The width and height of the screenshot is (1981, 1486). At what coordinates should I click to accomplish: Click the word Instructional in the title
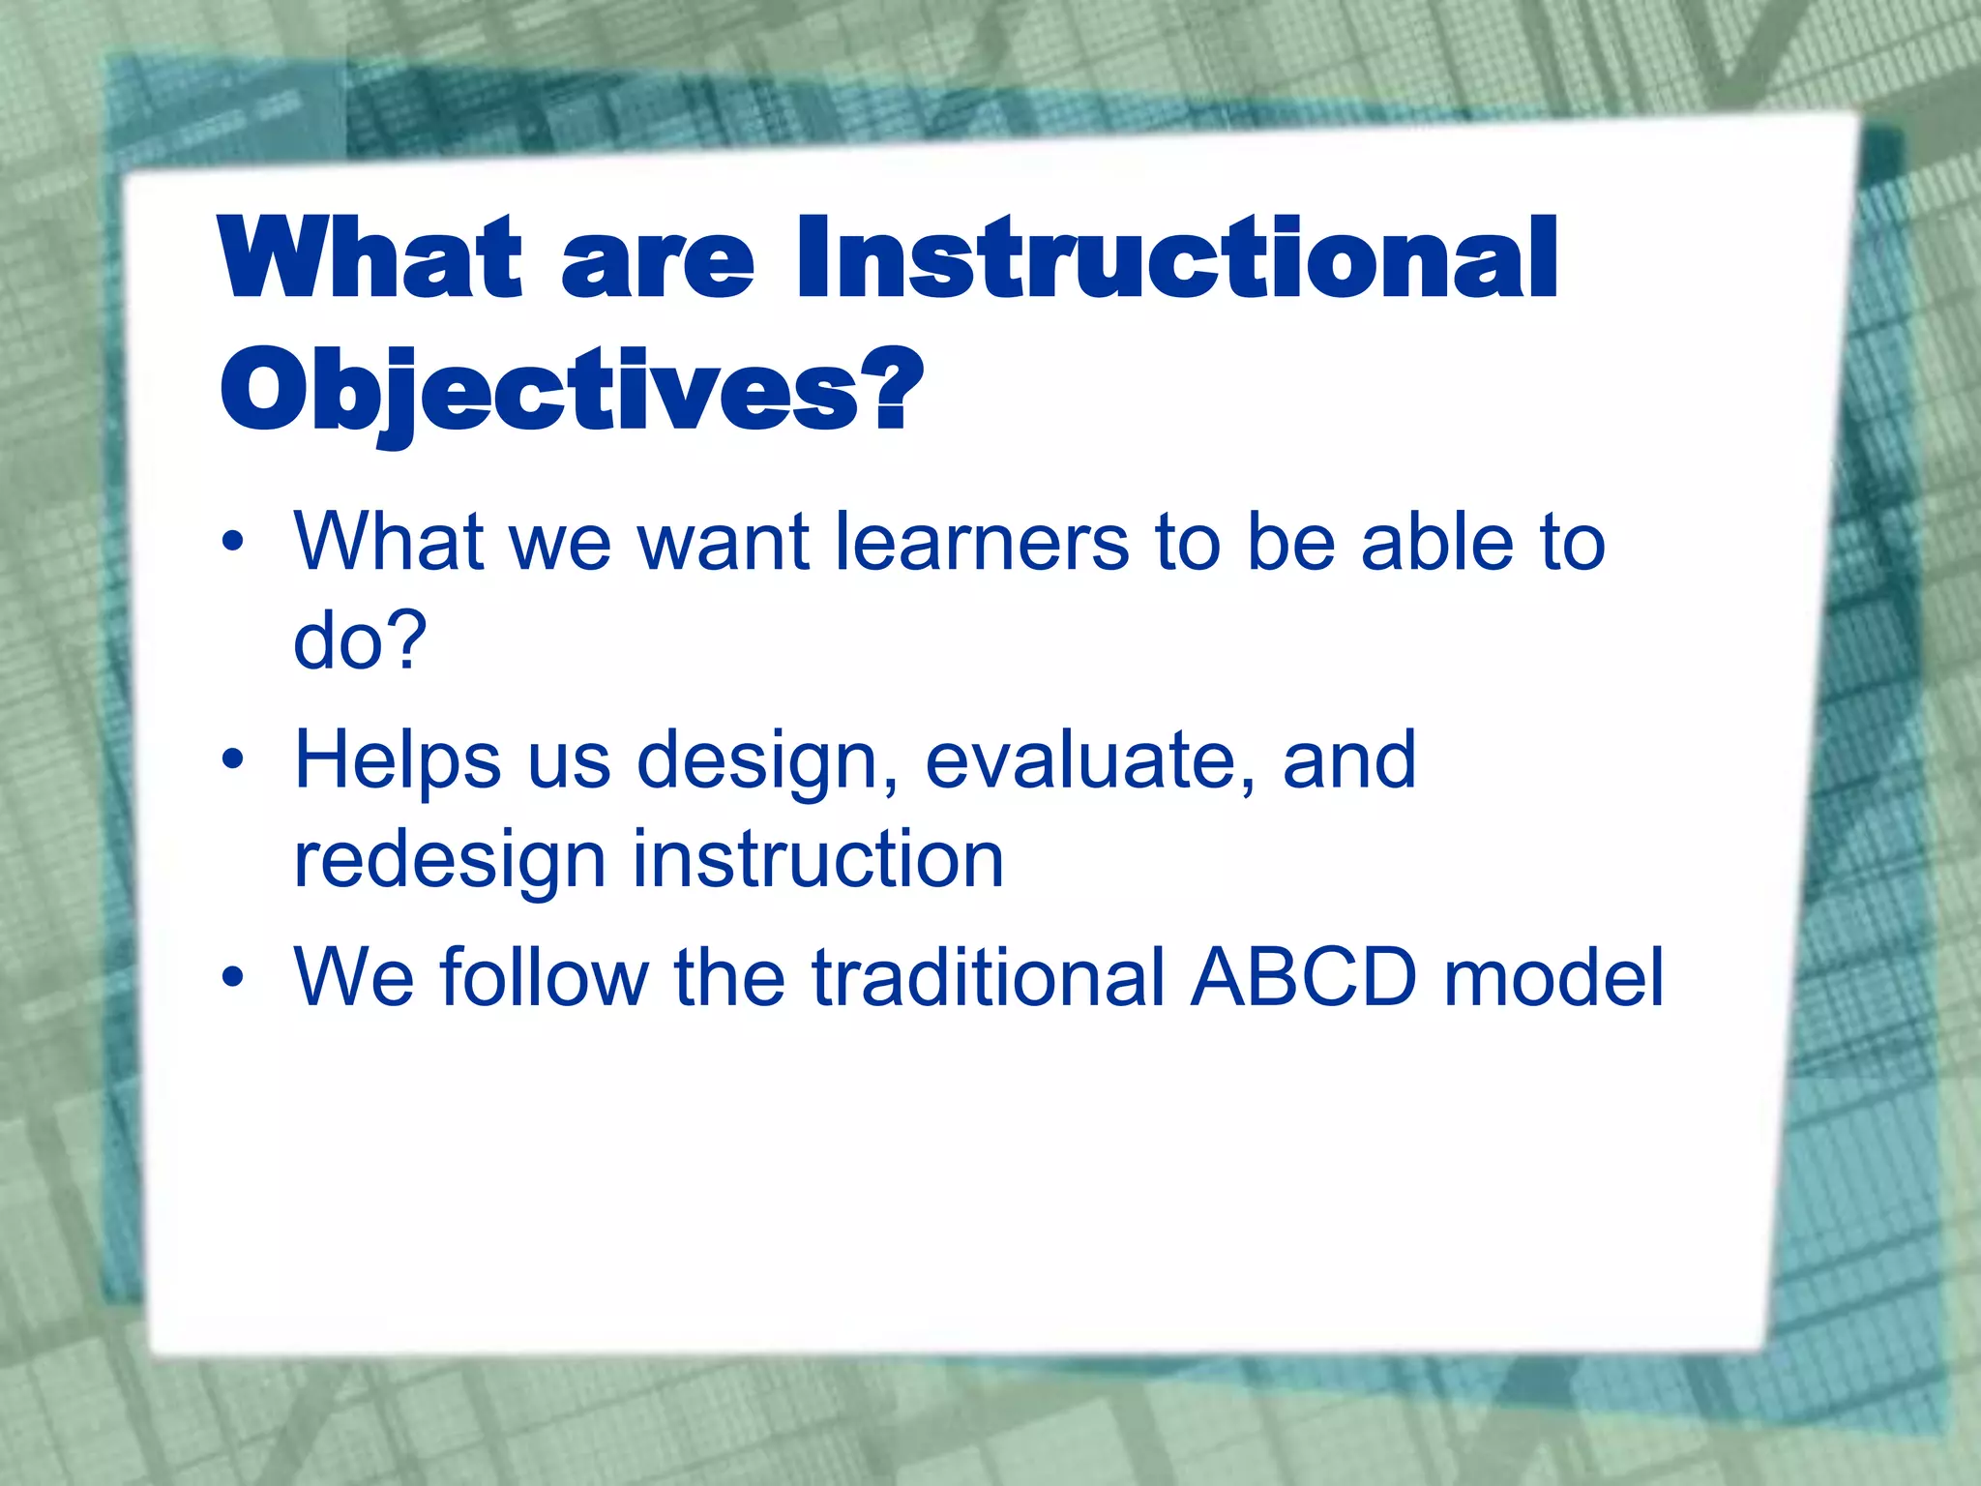click(x=1174, y=258)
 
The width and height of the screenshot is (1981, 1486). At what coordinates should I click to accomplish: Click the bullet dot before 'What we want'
click(x=232, y=543)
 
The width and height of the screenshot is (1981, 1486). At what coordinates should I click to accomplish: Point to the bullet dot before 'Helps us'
click(x=232, y=760)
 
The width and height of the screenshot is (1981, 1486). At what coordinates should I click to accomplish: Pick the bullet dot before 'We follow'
click(x=232, y=978)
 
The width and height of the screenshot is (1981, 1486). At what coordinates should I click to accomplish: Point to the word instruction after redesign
click(x=818, y=859)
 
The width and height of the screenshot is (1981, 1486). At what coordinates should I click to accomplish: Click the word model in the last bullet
click(x=1553, y=978)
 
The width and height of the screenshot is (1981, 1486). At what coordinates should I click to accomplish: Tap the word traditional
click(x=988, y=978)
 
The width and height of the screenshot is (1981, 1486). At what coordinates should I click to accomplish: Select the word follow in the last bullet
click(x=545, y=978)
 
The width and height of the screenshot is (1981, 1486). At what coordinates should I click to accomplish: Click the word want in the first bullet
click(x=724, y=544)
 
